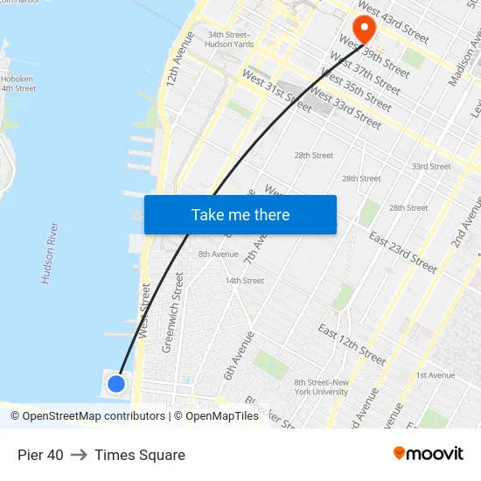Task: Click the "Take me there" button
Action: click(240, 214)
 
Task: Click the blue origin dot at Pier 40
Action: click(116, 383)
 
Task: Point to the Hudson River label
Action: click(50, 253)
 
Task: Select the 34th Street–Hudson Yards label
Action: click(229, 40)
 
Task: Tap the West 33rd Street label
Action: click(346, 108)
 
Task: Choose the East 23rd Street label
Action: click(402, 252)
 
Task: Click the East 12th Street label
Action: click(352, 345)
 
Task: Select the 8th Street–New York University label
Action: click(321, 387)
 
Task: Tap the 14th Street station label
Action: click(245, 281)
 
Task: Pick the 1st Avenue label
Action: click(435, 375)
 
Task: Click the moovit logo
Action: click(428, 454)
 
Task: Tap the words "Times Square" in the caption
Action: click(140, 455)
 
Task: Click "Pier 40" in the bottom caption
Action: click(40, 455)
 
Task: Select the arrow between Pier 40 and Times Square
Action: click(79, 455)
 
